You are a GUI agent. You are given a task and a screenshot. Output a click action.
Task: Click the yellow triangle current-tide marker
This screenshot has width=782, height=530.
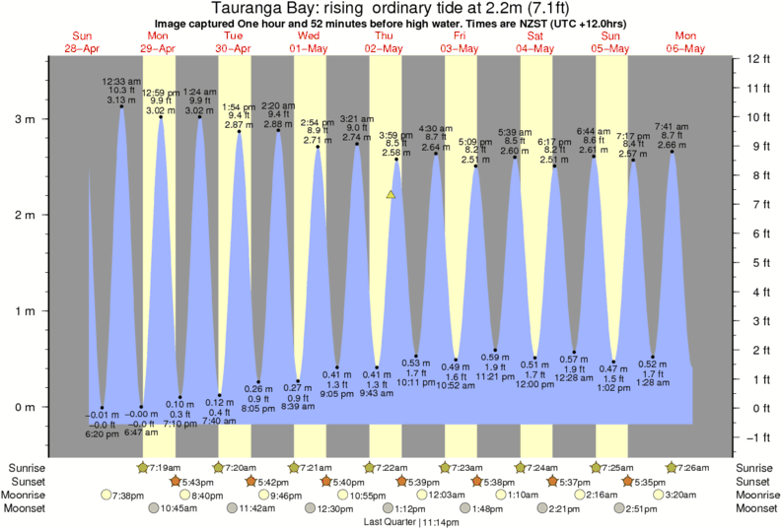[x=391, y=195]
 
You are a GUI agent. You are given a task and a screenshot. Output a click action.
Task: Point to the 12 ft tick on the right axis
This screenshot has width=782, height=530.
[x=757, y=59]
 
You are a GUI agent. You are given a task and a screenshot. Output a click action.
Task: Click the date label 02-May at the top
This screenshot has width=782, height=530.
[x=385, y=48]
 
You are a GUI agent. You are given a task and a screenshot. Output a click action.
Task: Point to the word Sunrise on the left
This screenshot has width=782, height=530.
[x=27, y=467]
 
